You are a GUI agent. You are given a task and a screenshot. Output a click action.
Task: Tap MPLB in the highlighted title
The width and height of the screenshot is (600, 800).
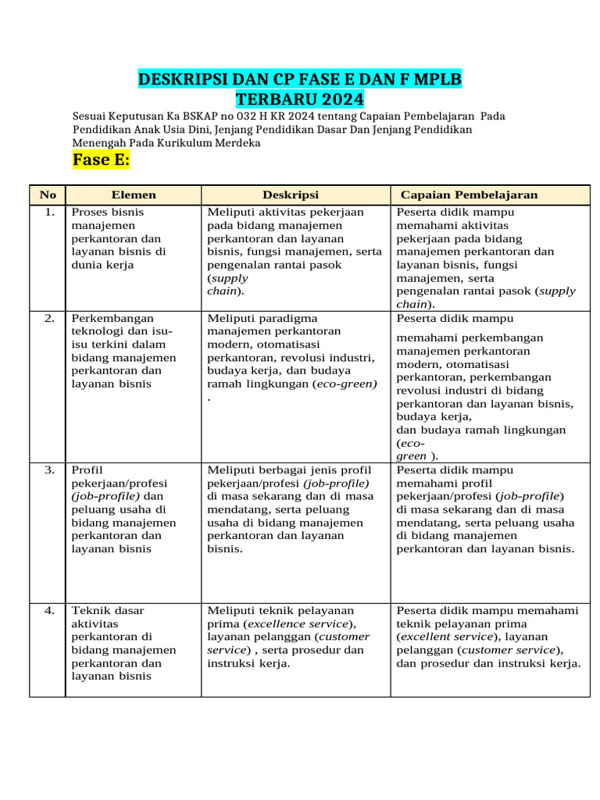[435, 80]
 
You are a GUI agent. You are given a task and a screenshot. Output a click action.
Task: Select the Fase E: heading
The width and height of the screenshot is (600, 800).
[101, 160]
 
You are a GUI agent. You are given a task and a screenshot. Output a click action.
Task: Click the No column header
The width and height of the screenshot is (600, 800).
[48, 195]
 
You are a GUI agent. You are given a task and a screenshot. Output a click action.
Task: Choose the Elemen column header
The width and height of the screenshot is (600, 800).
[134, 195]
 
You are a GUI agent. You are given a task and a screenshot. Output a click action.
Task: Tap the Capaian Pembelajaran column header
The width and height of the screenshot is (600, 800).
[469, 195]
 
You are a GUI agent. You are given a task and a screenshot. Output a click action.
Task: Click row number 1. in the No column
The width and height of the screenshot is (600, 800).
[49, 212]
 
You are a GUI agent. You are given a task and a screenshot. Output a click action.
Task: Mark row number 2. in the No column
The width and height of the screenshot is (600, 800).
[49, 319]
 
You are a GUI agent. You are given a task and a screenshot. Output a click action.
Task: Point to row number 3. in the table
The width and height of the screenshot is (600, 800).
[49, 470]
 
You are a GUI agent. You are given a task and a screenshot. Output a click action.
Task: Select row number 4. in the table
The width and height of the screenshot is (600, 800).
[49, 611]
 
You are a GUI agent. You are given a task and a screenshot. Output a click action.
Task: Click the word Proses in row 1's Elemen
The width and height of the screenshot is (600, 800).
[88, 212]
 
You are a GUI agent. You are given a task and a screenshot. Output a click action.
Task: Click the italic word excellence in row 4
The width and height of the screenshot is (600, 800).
[280, 624]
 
